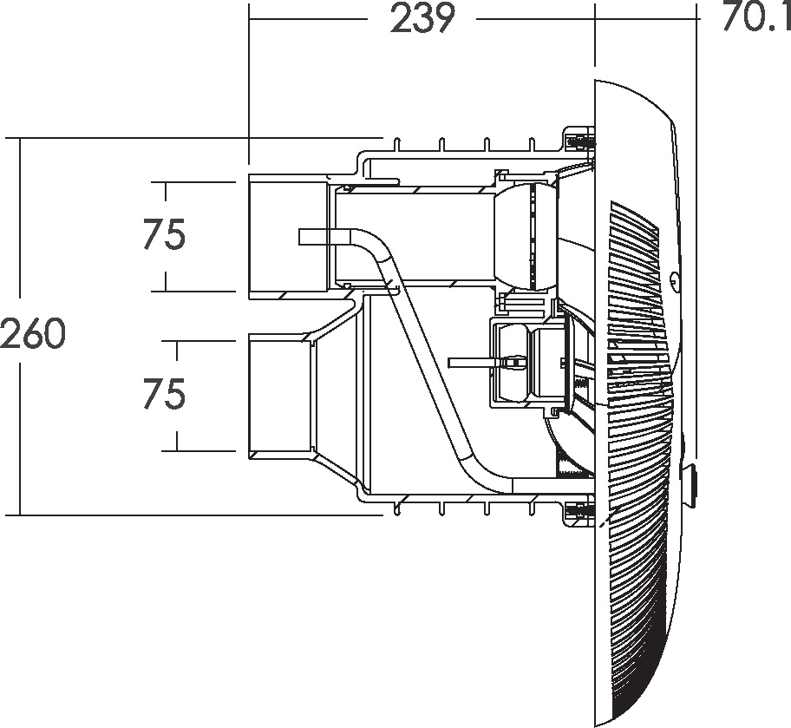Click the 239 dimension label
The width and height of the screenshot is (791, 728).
click(x=422, y=19)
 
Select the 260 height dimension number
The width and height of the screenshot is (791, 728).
click(x=33, y=333)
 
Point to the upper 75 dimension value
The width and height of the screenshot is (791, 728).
click(x=165, y=234)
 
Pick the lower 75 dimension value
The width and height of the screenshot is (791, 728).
click(x=165, y=394)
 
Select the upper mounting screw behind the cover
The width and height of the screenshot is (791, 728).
click(x=579, y=142)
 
